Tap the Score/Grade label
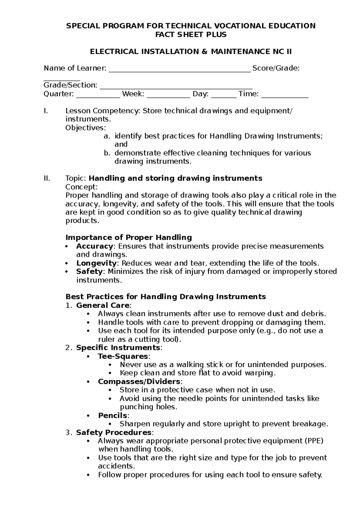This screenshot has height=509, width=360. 276,68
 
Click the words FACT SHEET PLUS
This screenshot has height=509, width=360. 190,35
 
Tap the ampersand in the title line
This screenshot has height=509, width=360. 204,52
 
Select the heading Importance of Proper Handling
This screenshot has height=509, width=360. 128,238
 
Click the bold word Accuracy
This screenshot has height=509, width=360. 94,246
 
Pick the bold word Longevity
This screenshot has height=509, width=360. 96,263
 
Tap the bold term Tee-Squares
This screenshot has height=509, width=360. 123,356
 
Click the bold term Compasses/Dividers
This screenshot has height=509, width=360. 139,381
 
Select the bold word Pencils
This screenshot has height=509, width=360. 112,415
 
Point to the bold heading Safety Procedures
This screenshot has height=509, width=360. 113,432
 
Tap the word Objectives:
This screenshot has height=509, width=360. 85,128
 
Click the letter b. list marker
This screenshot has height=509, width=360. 107,153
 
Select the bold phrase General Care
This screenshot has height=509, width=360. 103,306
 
